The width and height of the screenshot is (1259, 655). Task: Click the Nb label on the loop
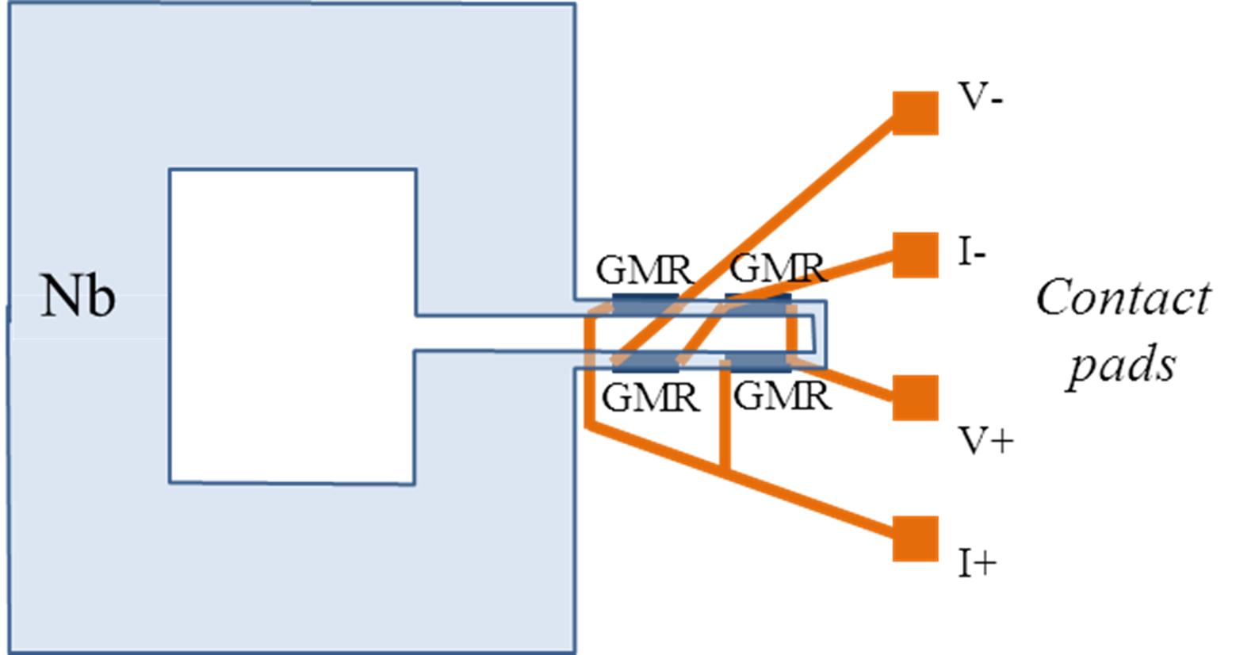click(78, 297)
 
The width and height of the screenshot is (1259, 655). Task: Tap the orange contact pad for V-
click(915, 113)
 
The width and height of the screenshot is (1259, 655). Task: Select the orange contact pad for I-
click(915, 255)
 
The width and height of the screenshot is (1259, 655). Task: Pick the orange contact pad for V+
click(915, 397)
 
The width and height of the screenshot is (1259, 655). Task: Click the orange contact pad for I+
click(915, 538)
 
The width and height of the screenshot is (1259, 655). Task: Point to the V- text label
click(981, 98)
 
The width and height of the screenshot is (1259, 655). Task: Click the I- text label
click(971, 254)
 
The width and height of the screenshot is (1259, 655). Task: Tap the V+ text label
click(985, 440)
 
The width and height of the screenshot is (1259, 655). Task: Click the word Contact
click(1123, 298)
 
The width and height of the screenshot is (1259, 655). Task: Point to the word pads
click(1121, 366)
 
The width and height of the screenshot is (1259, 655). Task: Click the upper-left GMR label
click(644, 270)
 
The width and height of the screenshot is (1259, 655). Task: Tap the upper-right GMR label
click(777, 269)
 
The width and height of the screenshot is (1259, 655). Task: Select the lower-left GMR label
click(650, 397)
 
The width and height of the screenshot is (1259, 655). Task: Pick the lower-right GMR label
click(783, 396)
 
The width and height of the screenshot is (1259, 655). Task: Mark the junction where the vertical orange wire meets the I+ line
click(724, 470)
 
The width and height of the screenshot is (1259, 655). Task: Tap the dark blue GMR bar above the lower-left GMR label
click(644, 365)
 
